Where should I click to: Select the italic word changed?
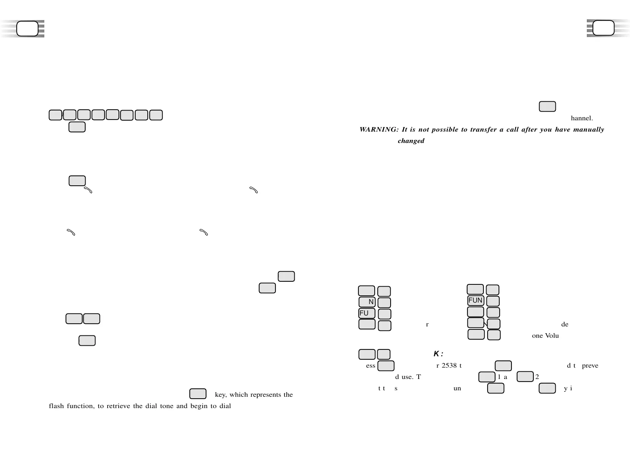(x=411, y=141)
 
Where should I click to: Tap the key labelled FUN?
(x=475, y=301)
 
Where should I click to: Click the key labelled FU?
(x=367, y=314)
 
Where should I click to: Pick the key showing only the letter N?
(x=367, y=302)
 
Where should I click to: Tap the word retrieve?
(x=118, y=406)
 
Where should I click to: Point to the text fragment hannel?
(x=582, y=118)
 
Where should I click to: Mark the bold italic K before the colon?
(x=436, y=354)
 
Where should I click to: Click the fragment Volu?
(x=552, y=336)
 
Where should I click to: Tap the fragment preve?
(x=590, y=366)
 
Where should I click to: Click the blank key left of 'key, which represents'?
(x=198, y=394)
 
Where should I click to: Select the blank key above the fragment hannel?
(x=547, y=107)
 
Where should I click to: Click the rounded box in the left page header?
(x=28, y=29)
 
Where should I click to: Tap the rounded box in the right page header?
(x=603, y=28)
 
